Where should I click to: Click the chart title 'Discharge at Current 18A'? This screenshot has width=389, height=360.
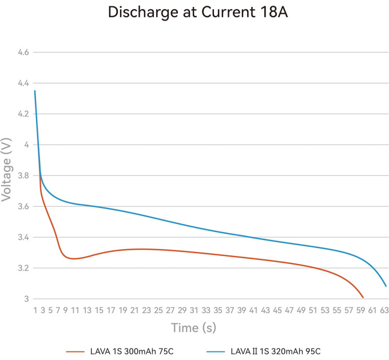[198, 12]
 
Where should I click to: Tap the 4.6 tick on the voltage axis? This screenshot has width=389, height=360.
[23, 52]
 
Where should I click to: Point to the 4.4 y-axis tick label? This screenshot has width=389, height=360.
[23, 83]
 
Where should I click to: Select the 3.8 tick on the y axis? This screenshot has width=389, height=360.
[23, 175]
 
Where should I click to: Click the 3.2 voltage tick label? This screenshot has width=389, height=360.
[23, 268]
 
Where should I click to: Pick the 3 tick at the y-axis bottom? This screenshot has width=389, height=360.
[26, 299]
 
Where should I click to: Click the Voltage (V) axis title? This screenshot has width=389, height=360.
[6, 170]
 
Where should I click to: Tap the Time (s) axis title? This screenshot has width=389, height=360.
[193, 328]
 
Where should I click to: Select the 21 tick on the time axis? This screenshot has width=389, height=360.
[134, 310]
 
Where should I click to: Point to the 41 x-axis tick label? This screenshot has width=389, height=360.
[253, 310]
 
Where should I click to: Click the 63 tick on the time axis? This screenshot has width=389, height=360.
[384, 310]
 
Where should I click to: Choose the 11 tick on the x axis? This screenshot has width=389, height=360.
[75, 310]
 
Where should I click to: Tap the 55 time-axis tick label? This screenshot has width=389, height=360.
[336, 310]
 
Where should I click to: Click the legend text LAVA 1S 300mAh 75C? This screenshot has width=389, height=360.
[132, 351]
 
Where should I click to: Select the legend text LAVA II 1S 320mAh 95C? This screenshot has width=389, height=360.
[275, 351]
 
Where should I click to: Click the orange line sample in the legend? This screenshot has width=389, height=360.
[75, 351]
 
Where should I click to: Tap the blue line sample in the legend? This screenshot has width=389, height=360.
[216, 351]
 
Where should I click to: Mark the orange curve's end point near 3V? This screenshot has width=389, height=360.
[363, 298]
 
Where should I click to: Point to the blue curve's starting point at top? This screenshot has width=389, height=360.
[35, 91]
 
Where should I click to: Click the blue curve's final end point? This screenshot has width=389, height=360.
[386, 286]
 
